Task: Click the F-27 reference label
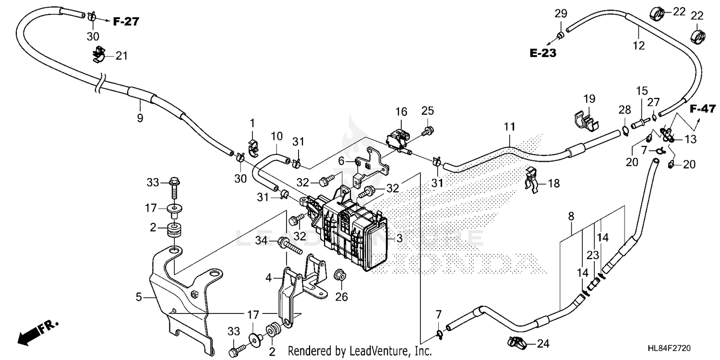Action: pyautogui.click(x=126, y=22)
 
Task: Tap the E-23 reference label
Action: pyautogui.click(x=543, y=53)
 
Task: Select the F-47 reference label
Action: pyautogui.click(x=703, y=109)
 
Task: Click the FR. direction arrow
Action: pyautogui.click(x=38, y=332)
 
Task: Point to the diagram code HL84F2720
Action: pyautogui.click(x=669, y=348)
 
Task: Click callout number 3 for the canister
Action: pyautogui.click(x=399, y=238)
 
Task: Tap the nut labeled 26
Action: pyautogui.click(x=340, y=276)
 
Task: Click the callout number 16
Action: pyautogui.click(x=401, y=111)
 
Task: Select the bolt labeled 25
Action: pyautogui.click(x=428, y=131)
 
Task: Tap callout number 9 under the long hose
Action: pyautogui.click(x=140, y=118)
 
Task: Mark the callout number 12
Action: pyautogui.click(x=639, y=45)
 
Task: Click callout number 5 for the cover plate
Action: pyautogui.click(x=139, y=297)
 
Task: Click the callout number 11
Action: pyautogui.click(x=509, y=127)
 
